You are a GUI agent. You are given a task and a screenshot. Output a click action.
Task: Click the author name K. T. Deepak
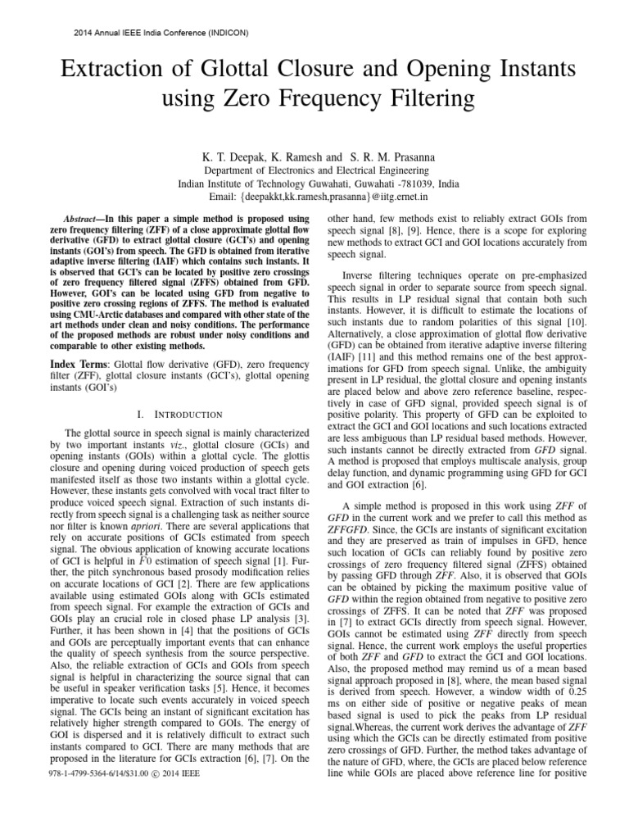[222, 156]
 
